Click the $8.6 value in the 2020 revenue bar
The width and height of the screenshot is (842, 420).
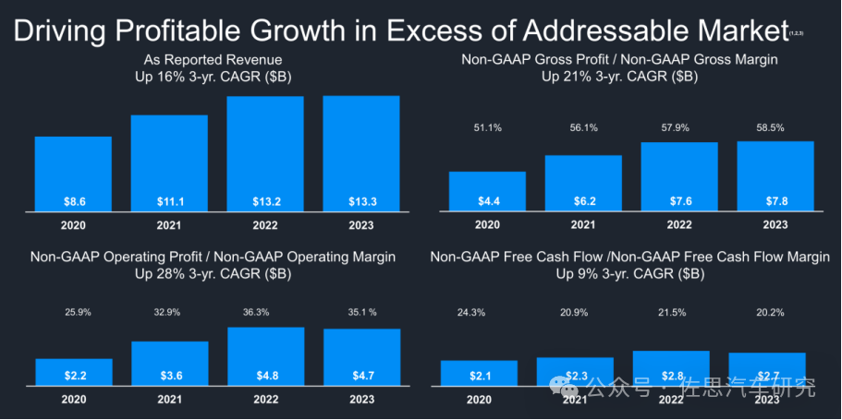[73, 201]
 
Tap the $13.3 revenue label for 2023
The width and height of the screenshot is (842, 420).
[360, 201]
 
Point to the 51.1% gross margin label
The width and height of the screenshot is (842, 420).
[487, 127]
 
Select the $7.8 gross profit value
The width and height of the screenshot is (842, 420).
[775, 201]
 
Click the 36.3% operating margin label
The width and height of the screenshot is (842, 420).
[264, 313]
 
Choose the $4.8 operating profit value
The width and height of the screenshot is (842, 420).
[265, 376]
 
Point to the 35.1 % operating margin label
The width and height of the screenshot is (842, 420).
[360, 313]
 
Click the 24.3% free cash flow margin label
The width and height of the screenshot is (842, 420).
[472, 313]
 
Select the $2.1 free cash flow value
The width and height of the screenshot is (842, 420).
[479, 376]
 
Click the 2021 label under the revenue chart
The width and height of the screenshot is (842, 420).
[169, 223]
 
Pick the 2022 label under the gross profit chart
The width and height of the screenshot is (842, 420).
[679, 223]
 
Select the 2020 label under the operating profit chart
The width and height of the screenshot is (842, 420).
[73, 400]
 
